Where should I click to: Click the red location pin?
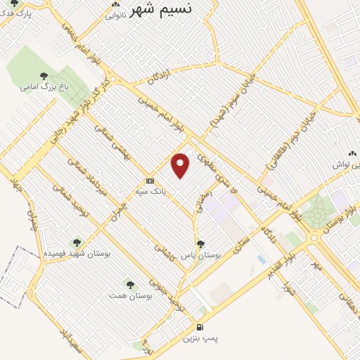click(181, 165)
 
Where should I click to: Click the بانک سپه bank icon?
click(149, 180)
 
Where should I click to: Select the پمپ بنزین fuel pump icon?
click(201, 327)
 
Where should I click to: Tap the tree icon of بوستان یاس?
click(201, 244)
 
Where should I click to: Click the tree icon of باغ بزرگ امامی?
click(44, 76)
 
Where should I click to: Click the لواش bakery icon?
click(352, 153)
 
